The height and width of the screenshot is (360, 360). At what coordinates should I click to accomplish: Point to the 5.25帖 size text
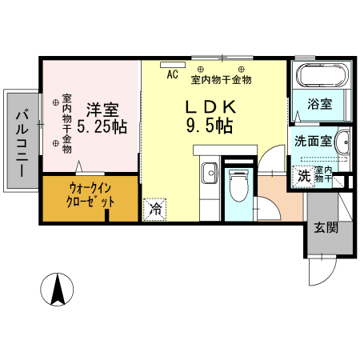click(x=102, y=126)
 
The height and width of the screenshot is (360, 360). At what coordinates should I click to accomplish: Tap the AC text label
click(x=172, y=76)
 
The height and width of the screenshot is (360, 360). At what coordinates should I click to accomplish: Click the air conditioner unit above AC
click(x=172, y=65)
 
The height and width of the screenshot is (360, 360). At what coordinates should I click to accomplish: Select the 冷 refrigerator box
click(x=154, y=210)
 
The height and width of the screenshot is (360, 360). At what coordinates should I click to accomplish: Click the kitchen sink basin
click(x=210, y=174)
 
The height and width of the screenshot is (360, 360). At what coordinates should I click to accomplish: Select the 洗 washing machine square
click(x=304, y=176)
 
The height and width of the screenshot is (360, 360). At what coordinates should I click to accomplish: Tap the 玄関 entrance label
click(x=325, y=226)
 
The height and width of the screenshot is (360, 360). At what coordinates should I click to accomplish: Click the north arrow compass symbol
click(x=58, y=289)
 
